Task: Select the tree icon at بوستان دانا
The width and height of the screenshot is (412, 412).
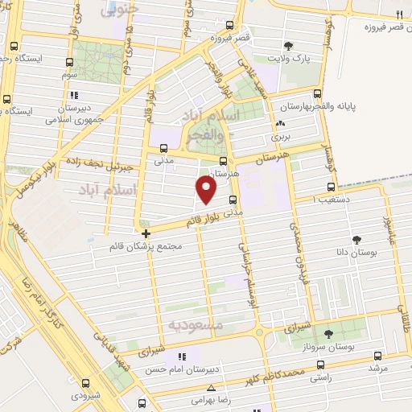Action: (x=356, y=239)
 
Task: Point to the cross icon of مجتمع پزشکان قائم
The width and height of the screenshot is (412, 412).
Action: (x=145, y=233)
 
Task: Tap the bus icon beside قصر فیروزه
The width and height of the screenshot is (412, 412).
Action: (x=230, y=25)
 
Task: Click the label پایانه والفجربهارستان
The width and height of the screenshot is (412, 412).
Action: (x=337, y=106)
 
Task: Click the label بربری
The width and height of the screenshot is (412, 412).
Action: (x=280, y=138)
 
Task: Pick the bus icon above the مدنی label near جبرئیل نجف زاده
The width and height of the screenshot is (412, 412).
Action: (x=164, y=148)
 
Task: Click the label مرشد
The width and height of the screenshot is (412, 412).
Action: (x=378, y=368)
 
